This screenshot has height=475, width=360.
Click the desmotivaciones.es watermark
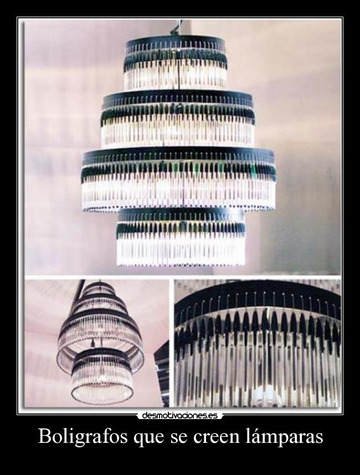[180, 415]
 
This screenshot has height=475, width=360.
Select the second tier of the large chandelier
[178, 120]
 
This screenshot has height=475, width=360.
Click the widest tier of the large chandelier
[179, 180]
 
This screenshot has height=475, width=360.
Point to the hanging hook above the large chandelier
[179, 27]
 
